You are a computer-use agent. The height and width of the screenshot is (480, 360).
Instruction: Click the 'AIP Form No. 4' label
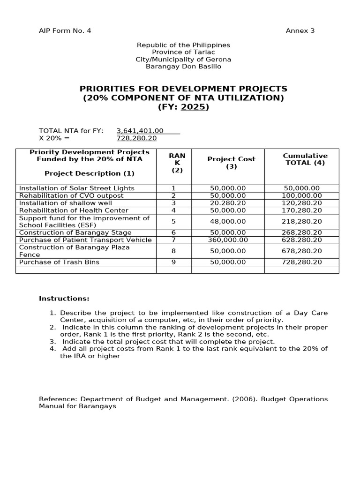coord(65,31)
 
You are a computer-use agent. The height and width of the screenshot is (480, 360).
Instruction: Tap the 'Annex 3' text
coord(300,31)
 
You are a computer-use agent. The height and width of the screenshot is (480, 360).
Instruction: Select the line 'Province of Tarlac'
coord(183,52)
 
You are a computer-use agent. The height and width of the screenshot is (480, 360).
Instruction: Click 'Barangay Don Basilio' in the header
coord(183,67)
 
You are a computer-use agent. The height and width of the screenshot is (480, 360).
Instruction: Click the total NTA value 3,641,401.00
coord(140,131)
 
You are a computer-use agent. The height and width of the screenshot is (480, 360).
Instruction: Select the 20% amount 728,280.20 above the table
coord(136,138)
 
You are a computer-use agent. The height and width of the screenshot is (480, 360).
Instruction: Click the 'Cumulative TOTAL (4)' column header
coord(305,159)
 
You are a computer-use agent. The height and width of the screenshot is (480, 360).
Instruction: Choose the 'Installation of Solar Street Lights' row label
coord(76,188)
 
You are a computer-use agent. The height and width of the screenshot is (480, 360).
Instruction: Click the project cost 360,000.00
coord(228,240)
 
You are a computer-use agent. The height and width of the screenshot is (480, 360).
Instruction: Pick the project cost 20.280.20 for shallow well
coord(228,203)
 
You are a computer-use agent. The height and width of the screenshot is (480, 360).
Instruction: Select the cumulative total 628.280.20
coord(302,240)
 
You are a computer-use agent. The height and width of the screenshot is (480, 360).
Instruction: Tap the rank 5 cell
coord(173,221)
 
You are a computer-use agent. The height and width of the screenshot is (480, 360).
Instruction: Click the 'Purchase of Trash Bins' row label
coord(59,262)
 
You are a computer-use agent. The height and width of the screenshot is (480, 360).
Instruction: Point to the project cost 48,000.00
coord(228,221)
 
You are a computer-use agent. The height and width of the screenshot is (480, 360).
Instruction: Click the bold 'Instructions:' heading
coord(64,299)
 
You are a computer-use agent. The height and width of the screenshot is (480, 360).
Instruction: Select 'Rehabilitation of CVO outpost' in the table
coord(71,195)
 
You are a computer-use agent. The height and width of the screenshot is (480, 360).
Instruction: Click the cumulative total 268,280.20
coord(302,232)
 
